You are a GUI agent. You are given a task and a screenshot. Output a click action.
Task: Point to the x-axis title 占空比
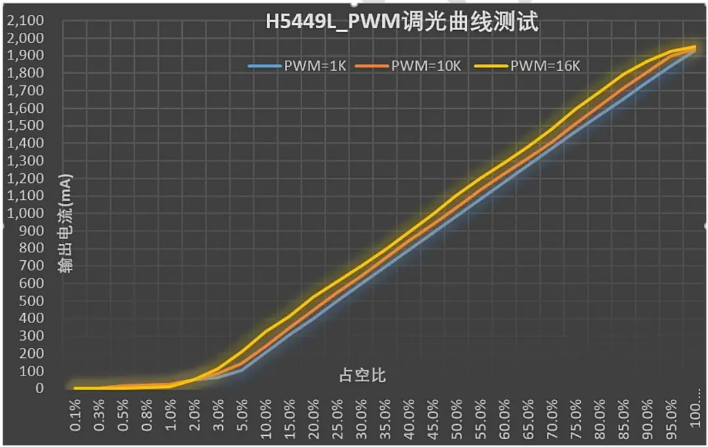(x=362, y=376)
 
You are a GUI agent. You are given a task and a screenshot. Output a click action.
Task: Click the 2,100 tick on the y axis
(x=26, y=21)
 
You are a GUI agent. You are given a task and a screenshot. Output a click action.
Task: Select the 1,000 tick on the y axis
(x=26, y=213)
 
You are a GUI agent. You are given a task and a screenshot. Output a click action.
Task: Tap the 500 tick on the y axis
(x=33, y=301)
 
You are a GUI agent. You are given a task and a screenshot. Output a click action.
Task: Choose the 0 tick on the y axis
(x=40, y=388)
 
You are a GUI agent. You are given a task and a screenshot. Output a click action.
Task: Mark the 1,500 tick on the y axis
(x=26, y=126)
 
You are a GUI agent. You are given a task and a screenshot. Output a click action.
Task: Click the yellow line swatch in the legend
(x=496, y=66)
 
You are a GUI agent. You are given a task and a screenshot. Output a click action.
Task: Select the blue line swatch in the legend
(x=265, y=66)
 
